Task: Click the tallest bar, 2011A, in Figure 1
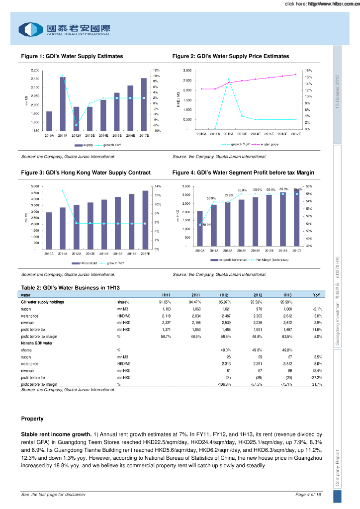(63, 103)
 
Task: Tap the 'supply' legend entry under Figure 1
(85, 145)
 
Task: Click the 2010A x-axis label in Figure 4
(200, 251)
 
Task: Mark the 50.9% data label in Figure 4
(206, 225)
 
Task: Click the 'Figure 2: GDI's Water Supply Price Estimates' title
(230, 57)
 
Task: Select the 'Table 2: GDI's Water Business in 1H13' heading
(71, 288)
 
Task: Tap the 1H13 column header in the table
(287, 295)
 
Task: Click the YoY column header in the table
(316, 295)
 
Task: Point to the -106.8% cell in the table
(225, 384)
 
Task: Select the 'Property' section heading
(32, 419)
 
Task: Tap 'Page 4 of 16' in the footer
(308, 495)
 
